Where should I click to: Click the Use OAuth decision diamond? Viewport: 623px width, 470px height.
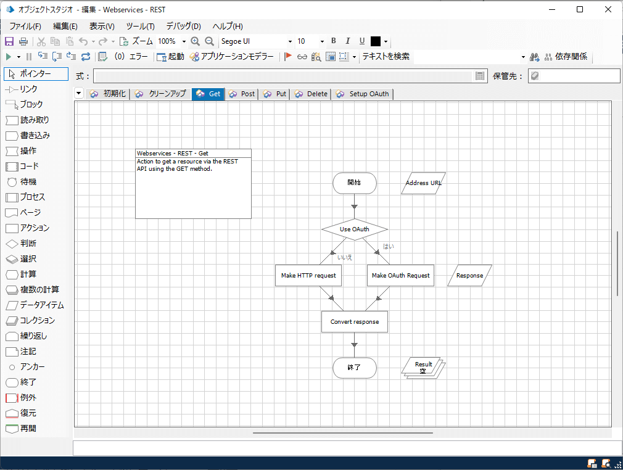tap(354, 229)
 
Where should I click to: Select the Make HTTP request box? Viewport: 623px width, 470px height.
tap(308, 276)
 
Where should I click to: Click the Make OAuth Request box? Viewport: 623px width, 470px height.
tap(400, 276)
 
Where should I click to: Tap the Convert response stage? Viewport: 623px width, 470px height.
tap(354, 322)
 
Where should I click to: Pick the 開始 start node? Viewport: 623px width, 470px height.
tap(354, 183)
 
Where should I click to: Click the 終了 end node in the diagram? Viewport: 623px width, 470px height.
tap(354, 368)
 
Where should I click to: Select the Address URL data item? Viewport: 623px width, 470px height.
tap(423, 183)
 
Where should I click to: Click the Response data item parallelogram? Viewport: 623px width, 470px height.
tap(469, 276)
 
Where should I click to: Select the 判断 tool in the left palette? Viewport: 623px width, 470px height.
tap(28, 244)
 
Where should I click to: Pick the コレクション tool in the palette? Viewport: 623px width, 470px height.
tap(36, 321)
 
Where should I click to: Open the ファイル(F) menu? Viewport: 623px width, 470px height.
tap(25, 26)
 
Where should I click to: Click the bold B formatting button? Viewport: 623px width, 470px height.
tap(334, 41)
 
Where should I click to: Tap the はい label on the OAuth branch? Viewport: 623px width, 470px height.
tap(389, 246)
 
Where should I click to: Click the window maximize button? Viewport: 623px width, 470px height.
tap(580, 9)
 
